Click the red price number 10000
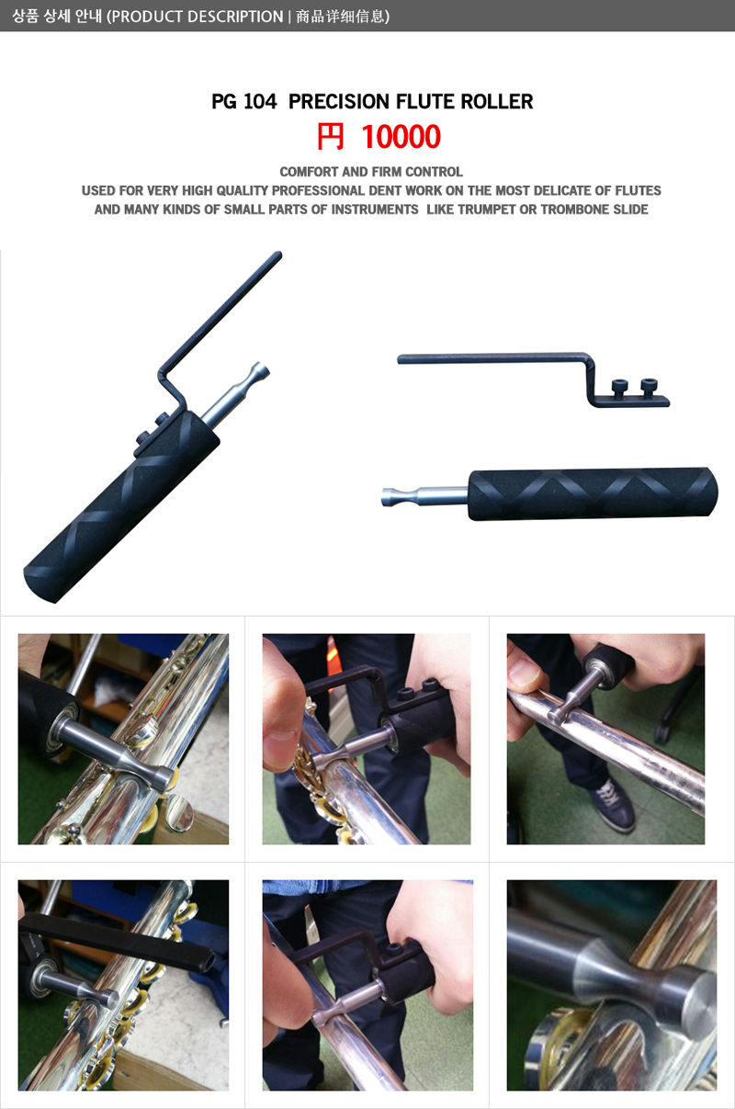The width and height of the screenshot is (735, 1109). click(401, 137)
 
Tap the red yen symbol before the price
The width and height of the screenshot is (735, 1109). click(330, 137)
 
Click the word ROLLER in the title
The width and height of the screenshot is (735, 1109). click(497, 101)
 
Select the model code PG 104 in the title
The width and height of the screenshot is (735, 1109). click(244, 101)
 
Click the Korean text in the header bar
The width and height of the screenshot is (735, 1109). click(57, 17)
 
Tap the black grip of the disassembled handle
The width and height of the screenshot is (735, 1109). click(593, 494)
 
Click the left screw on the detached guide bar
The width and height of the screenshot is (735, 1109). click(619, 388)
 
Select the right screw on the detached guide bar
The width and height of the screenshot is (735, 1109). click(649, 387)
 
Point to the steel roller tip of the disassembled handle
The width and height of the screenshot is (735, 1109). click(424, 496)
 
